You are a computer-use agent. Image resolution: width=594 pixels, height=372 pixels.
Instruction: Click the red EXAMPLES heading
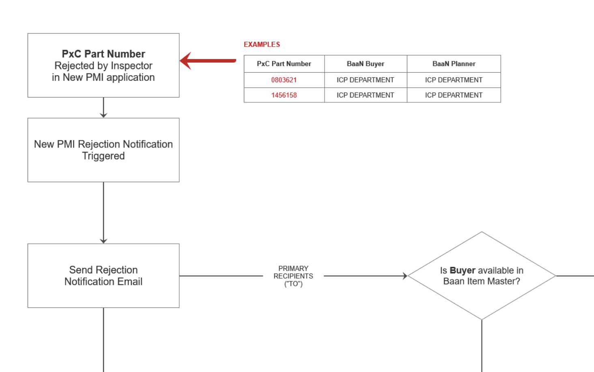(x=262, y=44)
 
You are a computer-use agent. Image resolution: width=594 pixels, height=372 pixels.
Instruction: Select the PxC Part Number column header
(x=284, y=64)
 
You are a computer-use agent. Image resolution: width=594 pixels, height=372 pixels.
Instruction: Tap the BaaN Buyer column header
(x=365, y=64)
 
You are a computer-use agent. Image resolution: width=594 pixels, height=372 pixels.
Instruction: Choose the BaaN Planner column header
(x=454, y=64)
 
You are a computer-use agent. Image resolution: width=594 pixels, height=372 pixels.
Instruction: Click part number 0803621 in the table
(x=284, y=80)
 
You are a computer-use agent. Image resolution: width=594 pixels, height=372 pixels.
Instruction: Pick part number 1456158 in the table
(x=284, y=95)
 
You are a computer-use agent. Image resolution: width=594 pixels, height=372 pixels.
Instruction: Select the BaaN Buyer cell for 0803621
(x=365, y=80)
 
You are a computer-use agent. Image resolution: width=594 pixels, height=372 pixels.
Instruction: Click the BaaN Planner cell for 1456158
(x=454, y=95)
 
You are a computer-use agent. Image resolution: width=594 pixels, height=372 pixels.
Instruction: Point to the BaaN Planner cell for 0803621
(x=454, y=80)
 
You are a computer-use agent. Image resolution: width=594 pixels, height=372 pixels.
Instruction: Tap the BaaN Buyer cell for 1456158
(x=365, y=95)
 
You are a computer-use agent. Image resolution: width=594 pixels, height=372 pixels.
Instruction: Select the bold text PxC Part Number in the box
(x=103, y=54)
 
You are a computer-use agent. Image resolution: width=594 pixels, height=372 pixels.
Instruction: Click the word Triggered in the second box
(x=103, y=156)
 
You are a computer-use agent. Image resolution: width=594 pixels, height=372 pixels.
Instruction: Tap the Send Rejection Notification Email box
(x=103, y=276)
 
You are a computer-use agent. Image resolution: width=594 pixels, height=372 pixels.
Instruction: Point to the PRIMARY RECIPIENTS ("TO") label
(x=293, y=276)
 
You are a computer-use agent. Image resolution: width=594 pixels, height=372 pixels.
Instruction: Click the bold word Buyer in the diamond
(x=462, y=270)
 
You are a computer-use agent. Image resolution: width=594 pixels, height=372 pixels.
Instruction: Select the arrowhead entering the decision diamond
(x=405, y=276)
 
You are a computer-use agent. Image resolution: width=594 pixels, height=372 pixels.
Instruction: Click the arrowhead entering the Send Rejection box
(x=103, y=241)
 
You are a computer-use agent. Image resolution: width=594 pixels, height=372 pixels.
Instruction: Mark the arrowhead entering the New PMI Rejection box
(x=103, y=115)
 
